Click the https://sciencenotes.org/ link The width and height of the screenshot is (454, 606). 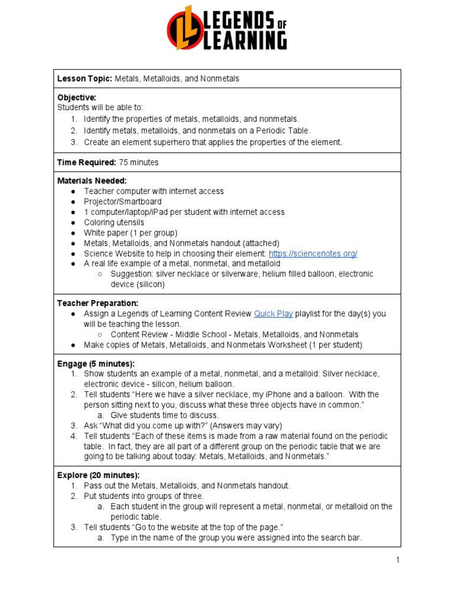click(313, 253)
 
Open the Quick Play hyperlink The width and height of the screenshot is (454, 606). click(273, 314)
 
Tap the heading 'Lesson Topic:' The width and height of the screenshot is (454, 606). click(84, 79)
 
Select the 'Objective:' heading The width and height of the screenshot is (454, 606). click(77, 97)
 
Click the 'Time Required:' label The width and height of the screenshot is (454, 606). click(86, 162)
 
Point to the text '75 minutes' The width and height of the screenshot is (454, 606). click(138, 162)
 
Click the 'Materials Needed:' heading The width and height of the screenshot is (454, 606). click(92, 180)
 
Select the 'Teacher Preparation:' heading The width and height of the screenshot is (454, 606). click(98, 303)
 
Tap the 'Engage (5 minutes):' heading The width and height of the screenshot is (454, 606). click(96, 363)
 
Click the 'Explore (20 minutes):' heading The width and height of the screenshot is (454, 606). click(98, 475)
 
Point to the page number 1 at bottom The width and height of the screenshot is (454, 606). click(398, 560)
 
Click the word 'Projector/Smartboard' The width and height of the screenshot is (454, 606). click(122, 202)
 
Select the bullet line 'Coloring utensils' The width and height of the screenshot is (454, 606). click(113, 223)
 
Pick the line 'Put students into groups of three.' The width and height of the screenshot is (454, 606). click(144, 496)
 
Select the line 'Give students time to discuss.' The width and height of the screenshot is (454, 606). click(165, 415)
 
